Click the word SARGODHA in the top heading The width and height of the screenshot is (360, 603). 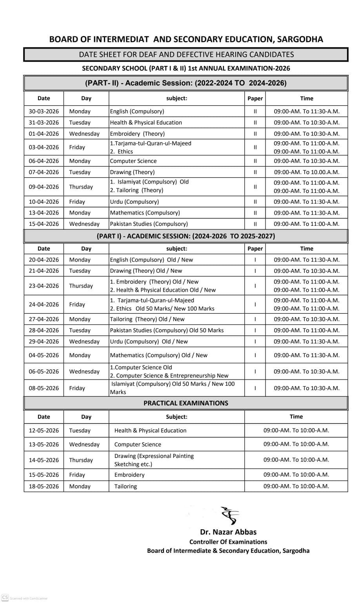click(300, 39)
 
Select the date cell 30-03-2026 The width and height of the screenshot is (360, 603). click(44, 111)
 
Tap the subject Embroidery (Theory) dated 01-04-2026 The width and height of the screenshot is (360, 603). click(137, 134)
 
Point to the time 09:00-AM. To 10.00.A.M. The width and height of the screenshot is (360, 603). click(307, 172)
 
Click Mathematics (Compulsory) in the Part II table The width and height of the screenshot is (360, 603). click(145, 213)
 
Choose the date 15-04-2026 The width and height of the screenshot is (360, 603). click(44, 224)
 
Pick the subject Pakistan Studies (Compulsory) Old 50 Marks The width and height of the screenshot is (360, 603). click(167, 331)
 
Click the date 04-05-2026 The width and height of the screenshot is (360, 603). click(44, 355)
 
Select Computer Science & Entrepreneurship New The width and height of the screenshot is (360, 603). click(169, 376)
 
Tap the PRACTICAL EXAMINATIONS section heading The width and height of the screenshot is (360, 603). click(185, 403)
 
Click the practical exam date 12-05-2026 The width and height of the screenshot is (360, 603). click(44, 430)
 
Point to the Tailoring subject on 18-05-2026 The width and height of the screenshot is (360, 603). click(125, 487)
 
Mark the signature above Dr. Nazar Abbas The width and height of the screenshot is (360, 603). click(230, 516)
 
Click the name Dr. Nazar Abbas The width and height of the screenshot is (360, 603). click(228, 532)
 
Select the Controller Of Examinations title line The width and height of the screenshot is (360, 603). click(228, 542)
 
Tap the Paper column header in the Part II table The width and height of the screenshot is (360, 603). click(255, 98)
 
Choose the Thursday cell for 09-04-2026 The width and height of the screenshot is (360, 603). click(81, 187)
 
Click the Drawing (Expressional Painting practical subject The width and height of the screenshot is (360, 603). click(154, 456)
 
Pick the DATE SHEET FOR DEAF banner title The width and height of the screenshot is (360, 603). click(186, 54)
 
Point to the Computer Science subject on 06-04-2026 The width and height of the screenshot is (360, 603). click(133, 161)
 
